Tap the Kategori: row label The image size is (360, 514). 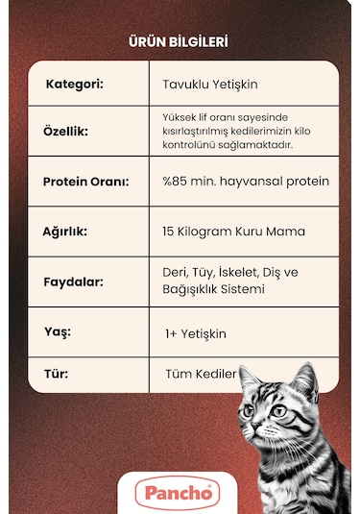pos(75,84)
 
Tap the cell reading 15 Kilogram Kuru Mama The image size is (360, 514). pos(234,232)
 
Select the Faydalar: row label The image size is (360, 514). pos(73,282)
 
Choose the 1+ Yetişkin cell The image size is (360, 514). pos(196,332)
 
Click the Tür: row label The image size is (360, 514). pos(58,372)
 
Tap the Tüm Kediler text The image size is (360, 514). pos(201,373)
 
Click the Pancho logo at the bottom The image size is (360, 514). pos(178,493)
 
